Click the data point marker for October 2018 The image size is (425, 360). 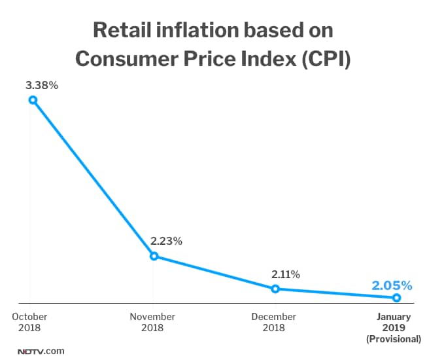(x=32, y=100)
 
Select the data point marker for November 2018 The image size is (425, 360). (x=154, y=256)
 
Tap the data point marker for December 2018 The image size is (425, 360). (x=275, y=289)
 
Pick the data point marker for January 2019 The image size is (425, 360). (x=397, y=298)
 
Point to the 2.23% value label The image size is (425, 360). (x=166, y=241)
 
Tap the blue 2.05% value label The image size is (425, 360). (x=392, y=285)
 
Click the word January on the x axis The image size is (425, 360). (x=394, y=317)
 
